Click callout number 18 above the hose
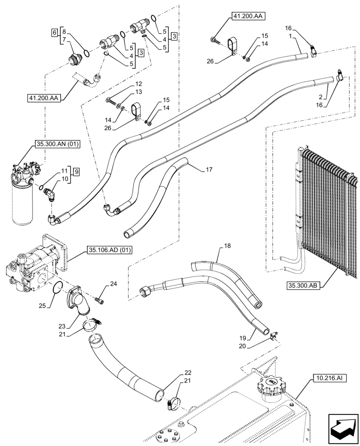tap(227, 246)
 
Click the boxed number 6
tap(54, 33)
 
